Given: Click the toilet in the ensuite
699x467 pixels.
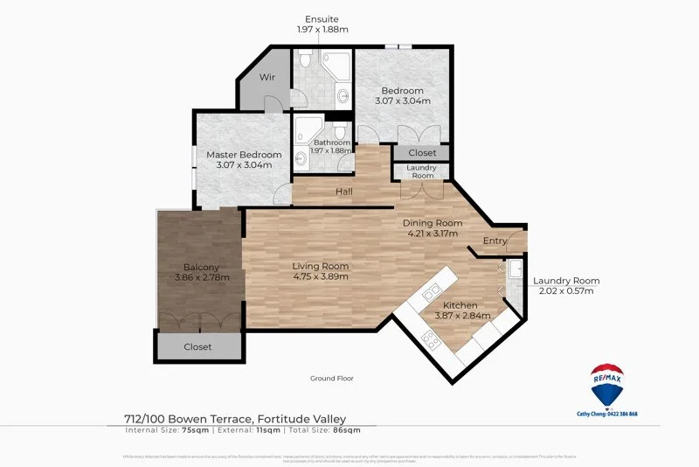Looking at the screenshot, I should pos(302,61).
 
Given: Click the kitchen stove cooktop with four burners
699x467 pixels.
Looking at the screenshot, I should pos(430,338).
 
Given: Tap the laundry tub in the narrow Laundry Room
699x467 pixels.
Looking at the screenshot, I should pos(515,268).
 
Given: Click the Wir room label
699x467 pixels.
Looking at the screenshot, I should pos(267,77).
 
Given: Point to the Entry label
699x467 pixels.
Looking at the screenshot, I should pos(495,241).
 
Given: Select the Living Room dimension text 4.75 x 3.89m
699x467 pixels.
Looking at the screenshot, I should pos(320,277).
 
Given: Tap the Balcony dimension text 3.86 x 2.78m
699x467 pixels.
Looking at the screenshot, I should pos(202,278).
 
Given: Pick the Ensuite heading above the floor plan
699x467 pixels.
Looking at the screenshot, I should pos(322,19).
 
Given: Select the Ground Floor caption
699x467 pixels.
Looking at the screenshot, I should pos(331,379).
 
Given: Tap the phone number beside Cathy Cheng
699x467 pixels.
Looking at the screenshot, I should pos(621,414).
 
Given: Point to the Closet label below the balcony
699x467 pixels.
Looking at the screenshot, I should pos(197,347).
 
